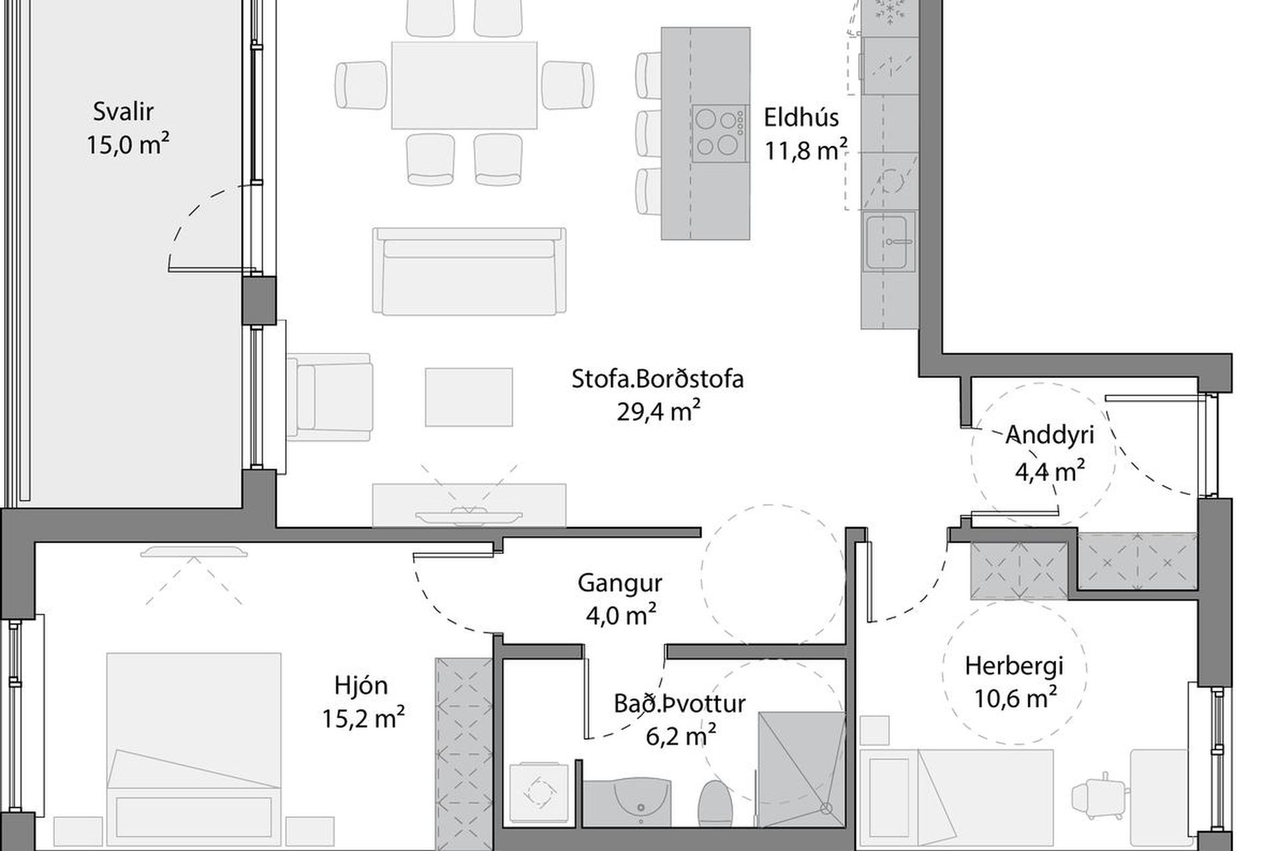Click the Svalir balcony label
pyautogui.click(x=123, y=112)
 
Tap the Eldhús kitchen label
pyautogui.click(x=801, y=118)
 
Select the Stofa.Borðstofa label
pyautogui.click(x=658, y=379)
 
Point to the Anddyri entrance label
pyautogui.click(x=1050, y=434)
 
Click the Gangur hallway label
pyautogui.click(x=620, y=583)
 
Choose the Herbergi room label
pyautogui.click(x=1014, y=666)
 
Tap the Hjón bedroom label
pyautogui.click(x=361, y=685)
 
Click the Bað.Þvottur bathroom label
pyautogui.click(x=680, y=703)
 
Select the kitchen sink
pyautogui.click(x=889, y=242)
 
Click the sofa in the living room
pyautogui.click(x=470, y=271)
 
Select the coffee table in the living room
pyautogui.click(x=469, y=397)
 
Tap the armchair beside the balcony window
pyautogui.click(x=329, y=397)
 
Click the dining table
pyautogui.click(x=464, y=85)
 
